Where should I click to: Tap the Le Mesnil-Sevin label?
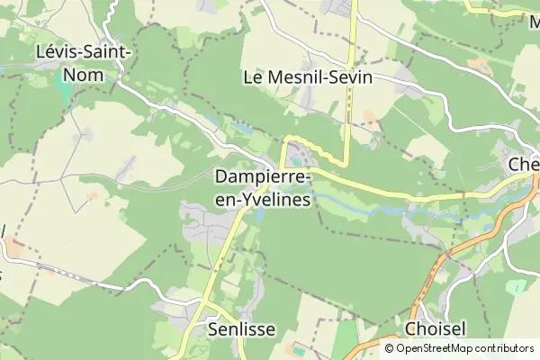pos(308,77)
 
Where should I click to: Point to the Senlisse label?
pos(241,329)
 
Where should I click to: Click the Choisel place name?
pos(435,329)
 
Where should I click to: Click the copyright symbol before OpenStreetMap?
pos(390,347)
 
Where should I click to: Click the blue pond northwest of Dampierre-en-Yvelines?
pos(241,128)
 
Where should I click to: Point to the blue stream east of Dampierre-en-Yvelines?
pos(396,208)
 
